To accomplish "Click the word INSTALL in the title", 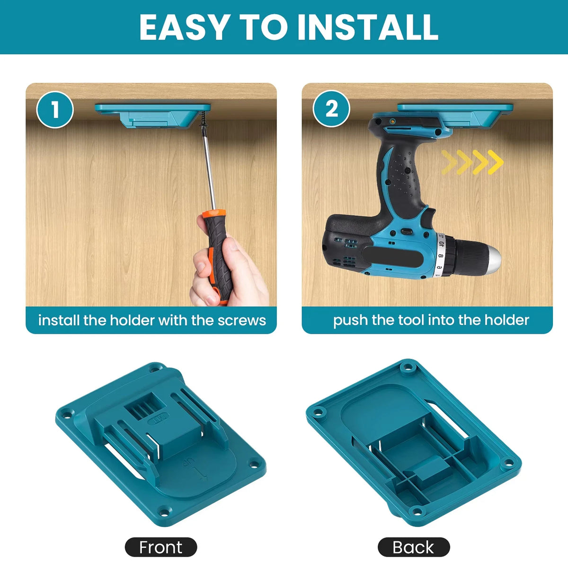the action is click(x=368, y=27).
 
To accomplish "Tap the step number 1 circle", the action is click(x=55, y=109).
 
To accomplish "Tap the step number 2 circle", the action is click(x=331, y=109).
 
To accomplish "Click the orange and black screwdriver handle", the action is click(x=218, y=254).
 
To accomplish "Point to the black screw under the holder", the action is click(x=204, y=119).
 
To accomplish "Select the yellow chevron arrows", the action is click(x=472, y=162).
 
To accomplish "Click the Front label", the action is click(x=161, y=539).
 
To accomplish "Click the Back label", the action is click(x=413, y=539).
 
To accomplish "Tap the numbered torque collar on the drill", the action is click(x=440, y=255).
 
